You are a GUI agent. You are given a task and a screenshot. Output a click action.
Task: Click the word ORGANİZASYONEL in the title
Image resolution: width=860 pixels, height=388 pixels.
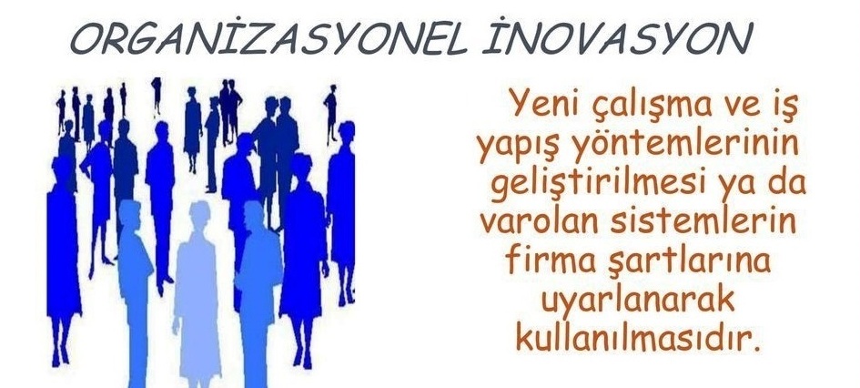coord(268,38)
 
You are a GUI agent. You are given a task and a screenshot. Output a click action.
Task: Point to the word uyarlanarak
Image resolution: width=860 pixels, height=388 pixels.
coord(637,301)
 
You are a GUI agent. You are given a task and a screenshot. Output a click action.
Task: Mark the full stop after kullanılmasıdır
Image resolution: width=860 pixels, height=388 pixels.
coord(759,347)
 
